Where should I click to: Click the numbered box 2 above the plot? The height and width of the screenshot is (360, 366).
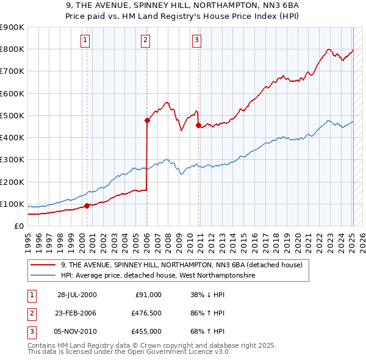tap(146, 41)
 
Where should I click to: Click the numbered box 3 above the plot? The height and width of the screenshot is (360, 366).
tap(197, 41)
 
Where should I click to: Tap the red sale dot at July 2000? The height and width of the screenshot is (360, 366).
tap(87, 206)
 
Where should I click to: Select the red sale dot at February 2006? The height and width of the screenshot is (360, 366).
tap(147, 121)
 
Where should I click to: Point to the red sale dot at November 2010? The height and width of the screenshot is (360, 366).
tap(198, 126)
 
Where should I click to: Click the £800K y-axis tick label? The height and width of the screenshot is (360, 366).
tap(12, 49)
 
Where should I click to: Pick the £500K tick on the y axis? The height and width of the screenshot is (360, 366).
tap(12, 115)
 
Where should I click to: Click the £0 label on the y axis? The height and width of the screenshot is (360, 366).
tap(18, 226)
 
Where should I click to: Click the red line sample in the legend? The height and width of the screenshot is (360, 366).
tap(43, 265)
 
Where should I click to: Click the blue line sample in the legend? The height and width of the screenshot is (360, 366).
tap(43, 276)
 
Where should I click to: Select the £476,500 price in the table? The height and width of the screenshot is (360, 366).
tap(146, 313)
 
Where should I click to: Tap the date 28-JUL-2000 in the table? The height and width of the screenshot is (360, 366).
tap(77, 295)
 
